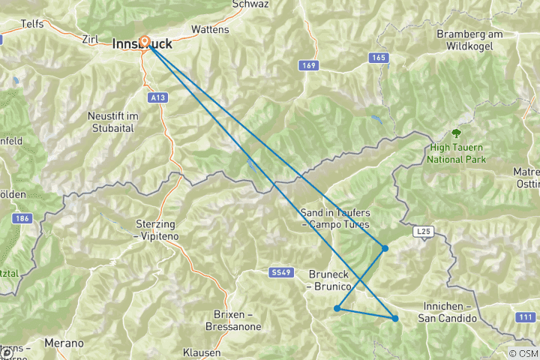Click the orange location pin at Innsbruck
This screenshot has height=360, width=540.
click(144, 43)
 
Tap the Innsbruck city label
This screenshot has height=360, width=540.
click(142, 45)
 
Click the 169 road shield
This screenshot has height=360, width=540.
click(307, 65)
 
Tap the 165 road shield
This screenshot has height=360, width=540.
click(378, 58)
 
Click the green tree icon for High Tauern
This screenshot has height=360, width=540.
click(456, 134)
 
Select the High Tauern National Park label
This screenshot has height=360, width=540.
click(457, 154)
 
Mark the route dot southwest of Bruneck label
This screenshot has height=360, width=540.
click(337, 308)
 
